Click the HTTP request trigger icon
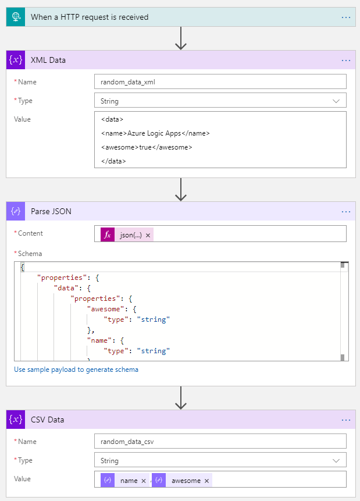[x=16, y=17]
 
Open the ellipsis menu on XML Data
[x=346, y=60]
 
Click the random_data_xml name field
[x=220, y=82]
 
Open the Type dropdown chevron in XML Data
[x=336, y=101]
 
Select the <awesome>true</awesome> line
[x=146, y=147]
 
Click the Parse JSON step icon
[x=16, y=211]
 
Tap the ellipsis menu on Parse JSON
[x=346, y=211]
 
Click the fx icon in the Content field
[x=108, y=234]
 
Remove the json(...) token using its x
[x=148, y=234]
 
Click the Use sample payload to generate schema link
[x=76, y=369]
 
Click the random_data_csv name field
[x=220, y=442]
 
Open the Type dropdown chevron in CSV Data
[x=336, y=460]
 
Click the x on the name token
[x=143, y=481]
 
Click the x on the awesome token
[x=206, y=481]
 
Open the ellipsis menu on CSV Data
[x=346, y=420]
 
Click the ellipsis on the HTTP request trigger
[x=346, y=17]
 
